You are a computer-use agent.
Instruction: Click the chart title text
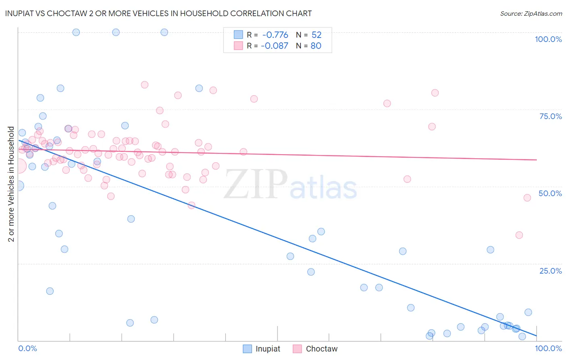pos(158,13)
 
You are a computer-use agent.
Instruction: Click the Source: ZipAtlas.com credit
pos(531,13)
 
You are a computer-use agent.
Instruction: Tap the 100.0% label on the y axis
pos(548,39)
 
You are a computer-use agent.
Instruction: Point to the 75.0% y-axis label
pos(550,116)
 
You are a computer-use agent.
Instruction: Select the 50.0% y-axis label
pos(550,193)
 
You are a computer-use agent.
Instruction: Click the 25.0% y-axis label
pos(550,271)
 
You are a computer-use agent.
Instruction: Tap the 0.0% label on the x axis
pos(27,348)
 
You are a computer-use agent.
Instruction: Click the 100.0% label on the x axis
pos(548,348)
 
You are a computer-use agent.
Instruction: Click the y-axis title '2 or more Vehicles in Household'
pos(11,184)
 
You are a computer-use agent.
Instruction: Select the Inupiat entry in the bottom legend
pos(267,349)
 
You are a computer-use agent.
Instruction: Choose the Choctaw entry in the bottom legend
pos(321,349)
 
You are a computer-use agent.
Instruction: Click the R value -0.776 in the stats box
pos(275,35)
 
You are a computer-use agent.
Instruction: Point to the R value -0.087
pos(274,46)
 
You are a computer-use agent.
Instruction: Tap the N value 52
pos(317,35)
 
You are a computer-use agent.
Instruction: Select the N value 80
pos(316,46)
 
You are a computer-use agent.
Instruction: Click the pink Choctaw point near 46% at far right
pos(527,198)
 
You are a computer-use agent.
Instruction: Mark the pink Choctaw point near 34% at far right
pos(519,235)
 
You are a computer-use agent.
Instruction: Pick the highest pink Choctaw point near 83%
pos(144,85)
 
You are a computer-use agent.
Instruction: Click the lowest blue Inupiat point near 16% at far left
pos(50,291)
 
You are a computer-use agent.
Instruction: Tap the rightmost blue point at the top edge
pos(164,32)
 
